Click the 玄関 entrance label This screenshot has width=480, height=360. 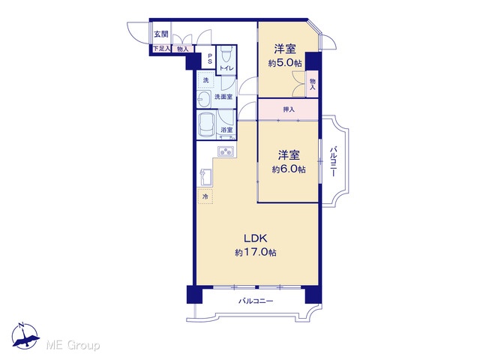click(x=161, y=34)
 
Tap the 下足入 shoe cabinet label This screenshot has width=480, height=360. click(x=161, y=48)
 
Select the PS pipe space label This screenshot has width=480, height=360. click(x=210, y=58)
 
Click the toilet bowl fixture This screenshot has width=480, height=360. click(x=226, y=55)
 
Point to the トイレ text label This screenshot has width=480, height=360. click(x=226, y=68)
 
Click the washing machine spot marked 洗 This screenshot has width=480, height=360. click(x=206, y=80)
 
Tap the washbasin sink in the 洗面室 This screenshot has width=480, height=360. click(x=203, y=99)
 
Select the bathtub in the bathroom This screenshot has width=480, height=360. click(x=206, y=125)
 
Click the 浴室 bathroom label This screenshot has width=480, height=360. click(x=226, y=130)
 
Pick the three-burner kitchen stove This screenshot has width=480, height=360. click(x=226, y=151)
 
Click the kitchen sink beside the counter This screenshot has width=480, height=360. click(x=205, y=177)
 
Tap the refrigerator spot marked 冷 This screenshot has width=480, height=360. click(x=205, y=196)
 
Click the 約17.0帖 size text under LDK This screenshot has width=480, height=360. click(x=256, y=253)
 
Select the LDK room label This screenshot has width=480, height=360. click(x=256, y=238)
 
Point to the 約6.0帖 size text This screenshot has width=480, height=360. click(x=289, y=169)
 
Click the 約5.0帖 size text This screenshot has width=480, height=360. click(x=285, y=63)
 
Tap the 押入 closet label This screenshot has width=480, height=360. click(x=289, y=109)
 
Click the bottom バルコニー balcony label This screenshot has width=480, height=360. click(x=256, y=301)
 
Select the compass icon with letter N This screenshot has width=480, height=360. click(x=25, y=336)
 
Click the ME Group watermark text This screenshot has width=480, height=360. click(x=73, y=346)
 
